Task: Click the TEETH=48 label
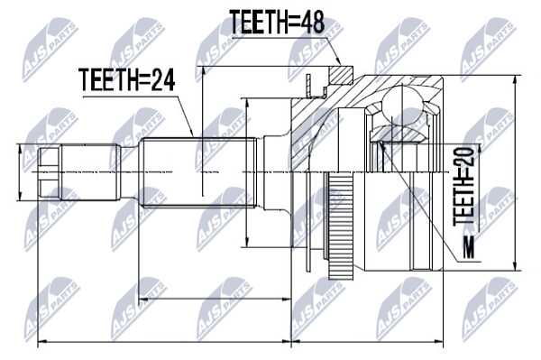[x=277, y=22]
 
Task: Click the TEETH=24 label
[x=126, y=79]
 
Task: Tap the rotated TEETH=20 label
[x=463, y=187]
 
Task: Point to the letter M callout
[x=469, y=247]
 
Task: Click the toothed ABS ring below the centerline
[x=341, y=227]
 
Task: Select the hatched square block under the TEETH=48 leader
[x=341, y=75]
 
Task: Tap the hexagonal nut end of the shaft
[x=50, y=171]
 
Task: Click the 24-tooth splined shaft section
[x=198, y=172]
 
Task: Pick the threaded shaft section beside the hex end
[x=90, y=172]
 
